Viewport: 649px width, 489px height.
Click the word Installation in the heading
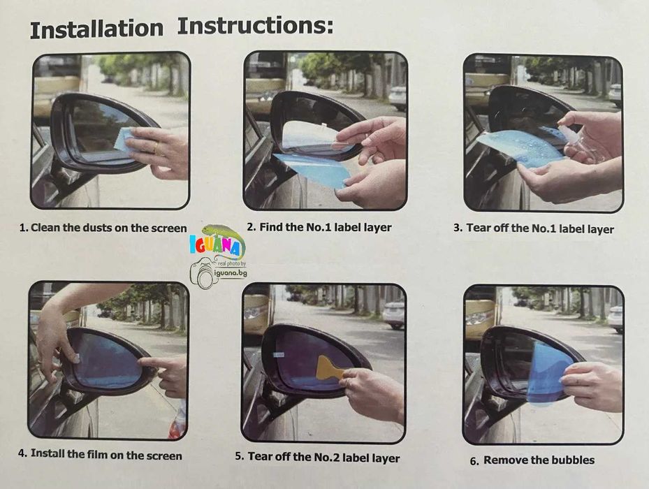point(96,29)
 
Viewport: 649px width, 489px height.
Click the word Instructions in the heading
point(256,26)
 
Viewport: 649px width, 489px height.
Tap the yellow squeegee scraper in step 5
point(329,368)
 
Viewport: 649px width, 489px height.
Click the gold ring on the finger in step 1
point(156,148)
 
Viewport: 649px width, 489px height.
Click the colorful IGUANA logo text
point(214,245)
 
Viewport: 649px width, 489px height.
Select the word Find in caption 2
point(270,227)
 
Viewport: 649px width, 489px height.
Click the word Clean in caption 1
point(45,228)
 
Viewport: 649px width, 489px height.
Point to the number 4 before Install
point(22,453)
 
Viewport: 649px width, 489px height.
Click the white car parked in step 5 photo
point(393,314)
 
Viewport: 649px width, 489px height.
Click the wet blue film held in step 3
point(522,147)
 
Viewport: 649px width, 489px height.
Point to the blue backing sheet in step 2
point(314,170)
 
